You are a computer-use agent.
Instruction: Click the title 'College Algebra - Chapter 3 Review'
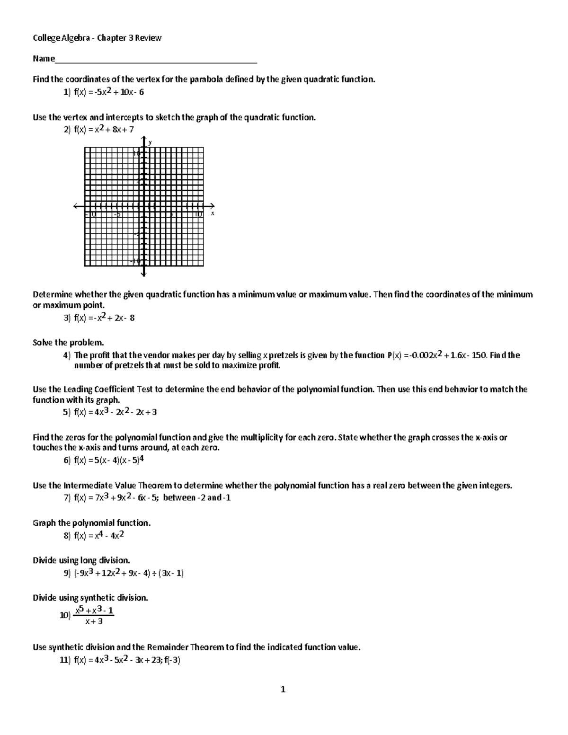point(97,38)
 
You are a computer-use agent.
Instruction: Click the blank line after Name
point(156,60)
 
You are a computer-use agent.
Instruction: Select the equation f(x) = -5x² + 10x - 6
point(109,92)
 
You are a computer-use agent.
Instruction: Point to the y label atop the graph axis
point(150,142)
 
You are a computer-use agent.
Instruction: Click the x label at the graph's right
point(213,213)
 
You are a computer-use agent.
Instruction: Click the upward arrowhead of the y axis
point(144,138)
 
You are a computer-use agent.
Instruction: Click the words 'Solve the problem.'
point(68,343)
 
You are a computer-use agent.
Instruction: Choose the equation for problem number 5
point(115,412)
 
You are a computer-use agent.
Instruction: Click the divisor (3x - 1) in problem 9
point(171,574)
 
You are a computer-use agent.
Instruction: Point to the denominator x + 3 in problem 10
point(94,622)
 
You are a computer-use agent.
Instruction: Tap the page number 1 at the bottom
point(283,690)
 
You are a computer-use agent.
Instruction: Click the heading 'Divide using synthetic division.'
point(90,598)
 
